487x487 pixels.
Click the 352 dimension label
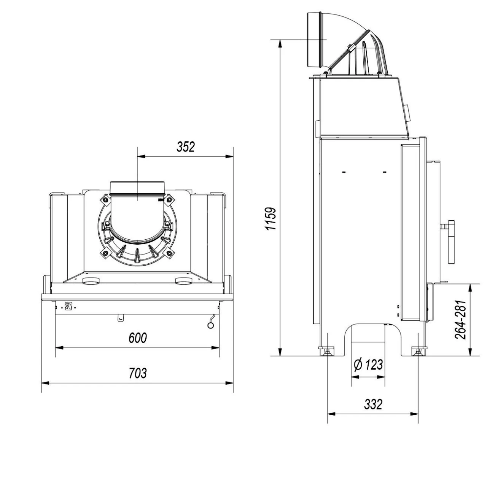coord(185,147)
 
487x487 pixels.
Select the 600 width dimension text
coord(137,338)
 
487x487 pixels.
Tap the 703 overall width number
coord(137,373)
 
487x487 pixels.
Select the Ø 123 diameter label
coord(368,365)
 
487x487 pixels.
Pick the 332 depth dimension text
coord(373,404)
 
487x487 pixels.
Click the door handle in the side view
coord(452,242)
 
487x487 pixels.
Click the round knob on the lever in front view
coord(210,325)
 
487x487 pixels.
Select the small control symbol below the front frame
coord(68,306)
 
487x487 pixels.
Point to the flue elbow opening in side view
coord(314,40)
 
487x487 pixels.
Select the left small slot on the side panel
coord(344,172)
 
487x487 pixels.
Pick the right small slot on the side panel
coord(384,172)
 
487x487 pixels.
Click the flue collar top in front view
coord(137,183)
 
